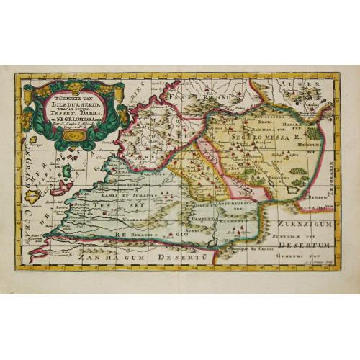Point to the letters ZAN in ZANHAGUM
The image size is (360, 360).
(91, 256)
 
